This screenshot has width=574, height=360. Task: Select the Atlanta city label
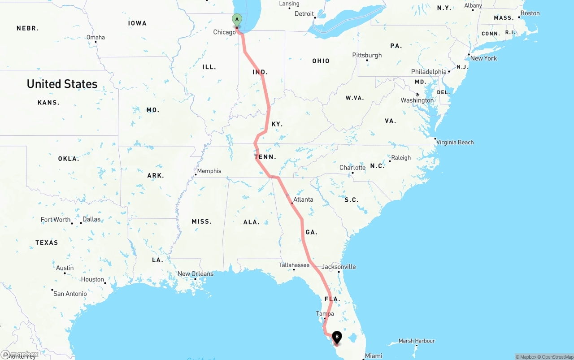click(x=303, y=200)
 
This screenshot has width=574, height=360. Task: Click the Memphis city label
click(x=209, y=171)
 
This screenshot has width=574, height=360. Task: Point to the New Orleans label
click(x=196, y=274)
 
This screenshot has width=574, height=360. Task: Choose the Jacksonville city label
click(x=339, y=267)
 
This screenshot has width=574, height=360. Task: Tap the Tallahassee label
click(x=294, y=265)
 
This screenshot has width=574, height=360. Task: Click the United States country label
click(x=62, y=84)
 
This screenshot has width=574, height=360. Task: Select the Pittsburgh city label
click(x=367, y=55)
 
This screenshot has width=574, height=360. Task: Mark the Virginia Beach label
click(x=455, y=142)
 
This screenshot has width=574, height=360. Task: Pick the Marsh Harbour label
click(x=417, y=341)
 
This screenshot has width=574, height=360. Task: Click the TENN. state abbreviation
click(x=265, y=157)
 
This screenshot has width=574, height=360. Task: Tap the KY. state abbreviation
click(x=277, y=124)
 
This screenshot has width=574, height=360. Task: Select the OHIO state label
click(x=321, y=61)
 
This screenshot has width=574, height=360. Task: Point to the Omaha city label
click(x=96, y=37)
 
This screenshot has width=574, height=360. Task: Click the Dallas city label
click(x=91, y=219)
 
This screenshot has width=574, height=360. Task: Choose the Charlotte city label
click(x=352, y=168)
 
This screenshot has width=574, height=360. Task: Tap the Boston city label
click(x=530, y=13)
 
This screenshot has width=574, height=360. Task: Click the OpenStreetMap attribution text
click(x=556, y=357)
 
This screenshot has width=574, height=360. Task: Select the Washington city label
click(x=417, y=100)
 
